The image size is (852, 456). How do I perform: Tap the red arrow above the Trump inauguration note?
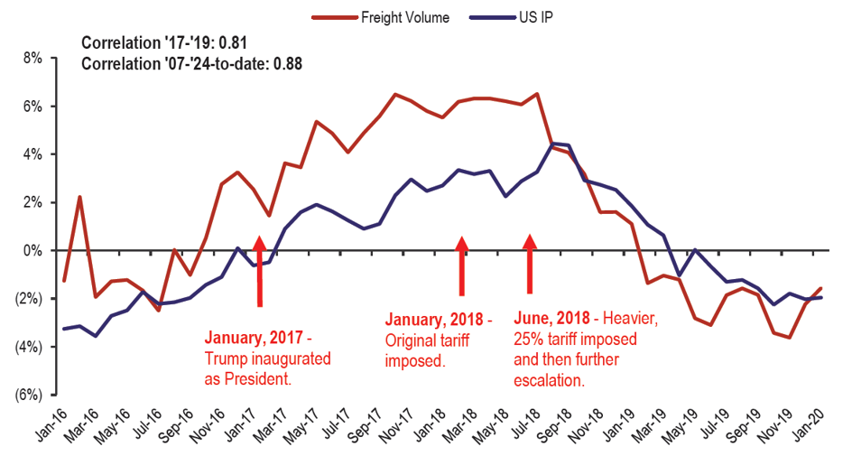tap(260, 271)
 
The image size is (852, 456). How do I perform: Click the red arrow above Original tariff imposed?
tap(462, 266)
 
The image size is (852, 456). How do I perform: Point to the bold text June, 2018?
tap(551, 318)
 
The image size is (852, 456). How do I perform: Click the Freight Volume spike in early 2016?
tap(79, 197)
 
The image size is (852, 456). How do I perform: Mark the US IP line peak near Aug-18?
tap(554, 143)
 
